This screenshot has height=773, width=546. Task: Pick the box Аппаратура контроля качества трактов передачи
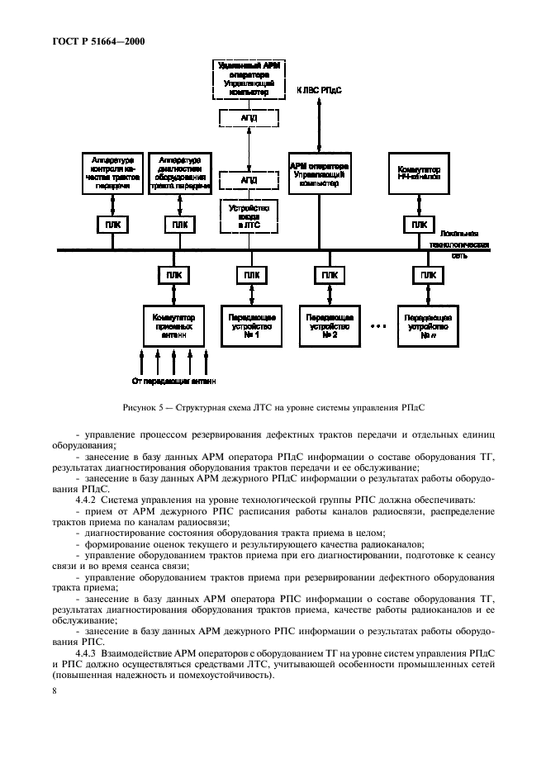[x=112, y=172]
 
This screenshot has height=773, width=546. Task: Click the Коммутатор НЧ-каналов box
[x=420, y=172]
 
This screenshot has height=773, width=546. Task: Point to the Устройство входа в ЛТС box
[x=249, y=216]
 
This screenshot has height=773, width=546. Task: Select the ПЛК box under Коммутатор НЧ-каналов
[x=420, y=225]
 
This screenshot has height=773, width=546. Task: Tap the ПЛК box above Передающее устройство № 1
[x=249, y=275]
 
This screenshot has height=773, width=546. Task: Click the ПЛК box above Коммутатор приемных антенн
[x=174, y=275]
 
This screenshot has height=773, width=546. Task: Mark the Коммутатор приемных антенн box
[x=174, y=326]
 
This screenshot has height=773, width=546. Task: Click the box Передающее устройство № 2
[x=330, y=326]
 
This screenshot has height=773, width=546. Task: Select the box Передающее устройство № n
[x=427, y=326]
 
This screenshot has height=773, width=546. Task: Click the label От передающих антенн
[x=173, y=381]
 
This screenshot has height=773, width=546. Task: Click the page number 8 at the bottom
[x=55, y=691]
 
